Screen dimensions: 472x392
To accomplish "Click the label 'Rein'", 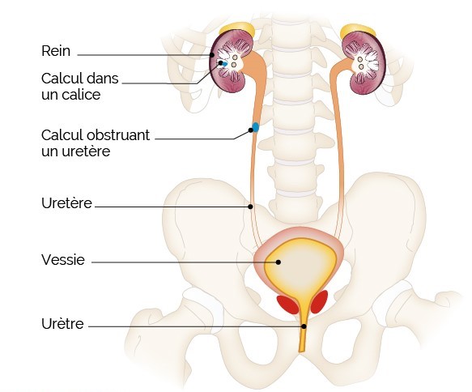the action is point(56,51).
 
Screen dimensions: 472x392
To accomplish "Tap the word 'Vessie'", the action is point(63,259).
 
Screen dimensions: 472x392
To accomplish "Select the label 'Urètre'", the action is point(62,324).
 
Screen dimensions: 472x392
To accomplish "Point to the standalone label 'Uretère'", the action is point(66,203).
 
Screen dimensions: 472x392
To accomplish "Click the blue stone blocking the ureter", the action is point(256,127).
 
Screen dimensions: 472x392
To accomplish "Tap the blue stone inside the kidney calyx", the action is point(223,63).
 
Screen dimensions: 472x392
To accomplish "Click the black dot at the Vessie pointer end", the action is point(279,262).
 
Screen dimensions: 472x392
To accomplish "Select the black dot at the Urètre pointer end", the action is point(304,326).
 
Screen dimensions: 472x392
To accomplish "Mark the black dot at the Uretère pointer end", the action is point(250,207).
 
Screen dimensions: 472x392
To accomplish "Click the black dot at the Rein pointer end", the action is point(212,55).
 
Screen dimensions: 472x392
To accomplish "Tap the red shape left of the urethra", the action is point(287,305).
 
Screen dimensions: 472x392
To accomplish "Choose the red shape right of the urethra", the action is point(319,301).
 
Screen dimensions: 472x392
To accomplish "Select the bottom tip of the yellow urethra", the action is point(302,352).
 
